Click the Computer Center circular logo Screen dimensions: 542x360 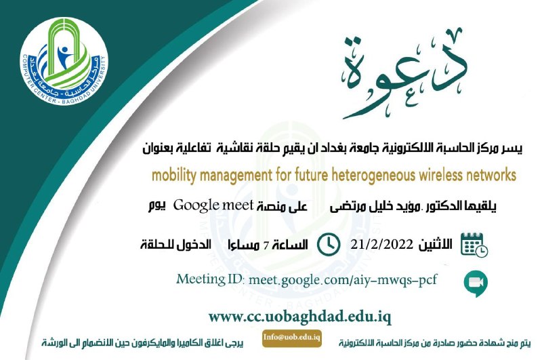64,61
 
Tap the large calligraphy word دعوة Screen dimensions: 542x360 404,75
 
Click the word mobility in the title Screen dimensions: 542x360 174,176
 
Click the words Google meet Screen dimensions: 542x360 213,205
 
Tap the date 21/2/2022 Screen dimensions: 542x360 381,245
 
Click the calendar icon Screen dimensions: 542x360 474,245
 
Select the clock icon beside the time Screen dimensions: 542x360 329,245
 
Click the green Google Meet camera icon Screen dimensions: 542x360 476,283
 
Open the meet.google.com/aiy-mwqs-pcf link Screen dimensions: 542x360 343,280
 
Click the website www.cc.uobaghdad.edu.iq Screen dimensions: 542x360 300,317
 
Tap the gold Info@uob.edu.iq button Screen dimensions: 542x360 292,338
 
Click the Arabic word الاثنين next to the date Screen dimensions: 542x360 435,245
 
